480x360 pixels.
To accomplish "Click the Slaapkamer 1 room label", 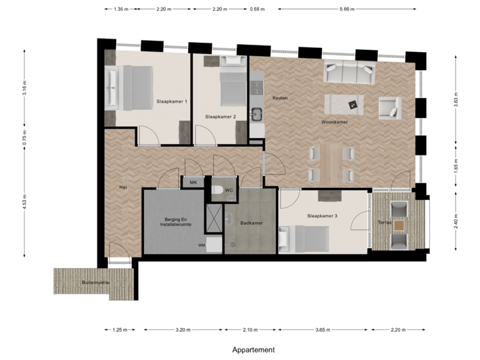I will pos(171,101).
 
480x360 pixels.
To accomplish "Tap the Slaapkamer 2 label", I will pos(221,117).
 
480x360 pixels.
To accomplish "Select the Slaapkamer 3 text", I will pos(322,216).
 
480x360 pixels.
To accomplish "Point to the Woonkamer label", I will pos(334,123).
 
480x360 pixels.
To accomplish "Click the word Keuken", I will pos(280,98).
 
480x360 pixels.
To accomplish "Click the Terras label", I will pos(384,222).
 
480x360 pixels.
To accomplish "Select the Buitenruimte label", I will pos(95,283).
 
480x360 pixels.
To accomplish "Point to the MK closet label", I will pos(193,182).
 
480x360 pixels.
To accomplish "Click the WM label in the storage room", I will pos(201,245).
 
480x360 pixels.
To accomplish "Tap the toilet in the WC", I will pos(217,191).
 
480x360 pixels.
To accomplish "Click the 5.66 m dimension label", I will pos(347,9).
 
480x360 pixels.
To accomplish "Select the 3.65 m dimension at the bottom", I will pos(323,329).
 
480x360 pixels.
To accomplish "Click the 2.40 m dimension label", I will pos(455,221).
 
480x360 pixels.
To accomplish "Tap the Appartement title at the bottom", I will pos(253,349).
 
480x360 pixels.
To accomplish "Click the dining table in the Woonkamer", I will pos(331,163).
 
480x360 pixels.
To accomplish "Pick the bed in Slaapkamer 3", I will pos(309,238).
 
